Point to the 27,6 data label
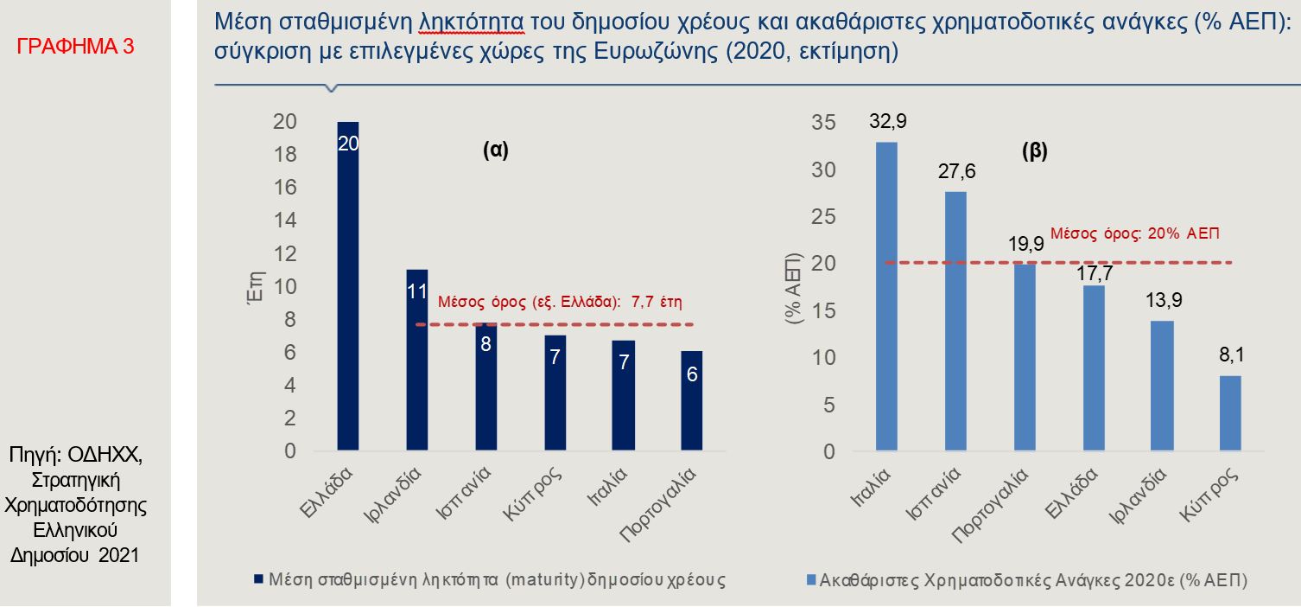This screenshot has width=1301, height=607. [956, 170]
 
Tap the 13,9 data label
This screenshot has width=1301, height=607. [1163, 300]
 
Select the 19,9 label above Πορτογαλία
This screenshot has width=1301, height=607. [1025, 244]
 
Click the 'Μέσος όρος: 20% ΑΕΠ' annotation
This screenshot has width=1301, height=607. [1136, 233]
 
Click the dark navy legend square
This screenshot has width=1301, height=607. [257, 579]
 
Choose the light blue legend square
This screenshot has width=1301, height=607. [809, 579]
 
